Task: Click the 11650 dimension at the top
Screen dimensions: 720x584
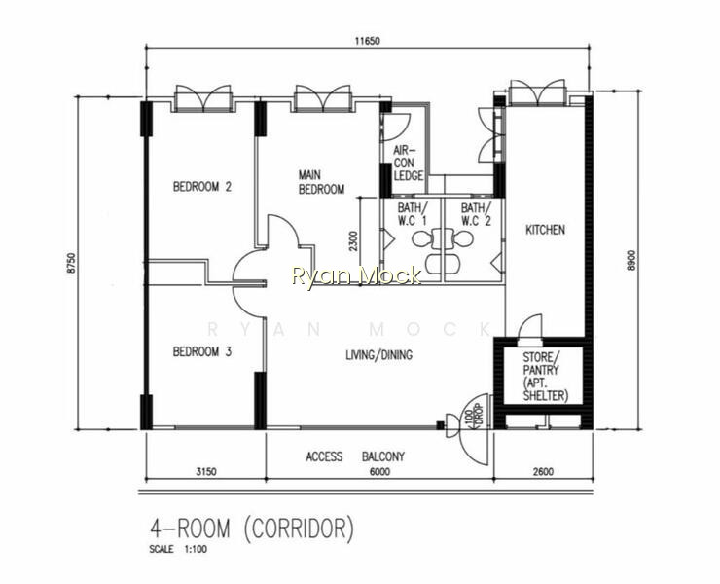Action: [368, 41]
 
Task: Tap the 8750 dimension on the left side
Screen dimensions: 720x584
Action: [70, 263]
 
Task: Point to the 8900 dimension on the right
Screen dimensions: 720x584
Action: [631, 260]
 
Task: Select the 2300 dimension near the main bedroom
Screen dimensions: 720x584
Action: [353, 241]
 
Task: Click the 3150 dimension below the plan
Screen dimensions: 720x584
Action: [205, 471]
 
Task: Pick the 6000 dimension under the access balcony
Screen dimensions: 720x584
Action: [379, 471]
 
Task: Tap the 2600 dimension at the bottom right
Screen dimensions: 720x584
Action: [543, 471]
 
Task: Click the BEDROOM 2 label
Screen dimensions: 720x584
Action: [202, 187]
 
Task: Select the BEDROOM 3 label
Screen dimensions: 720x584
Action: [202, 352]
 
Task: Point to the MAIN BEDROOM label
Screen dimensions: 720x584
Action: [321, 182]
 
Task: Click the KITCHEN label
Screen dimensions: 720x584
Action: [546, 230]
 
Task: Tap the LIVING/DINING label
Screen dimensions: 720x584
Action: [378, 354]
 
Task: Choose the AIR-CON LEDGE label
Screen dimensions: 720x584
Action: [409, 164]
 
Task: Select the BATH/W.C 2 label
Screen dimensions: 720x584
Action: [476, 214]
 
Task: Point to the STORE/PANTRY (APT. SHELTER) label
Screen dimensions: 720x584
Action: [545, 377]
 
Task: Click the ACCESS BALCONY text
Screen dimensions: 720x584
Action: [355, 456]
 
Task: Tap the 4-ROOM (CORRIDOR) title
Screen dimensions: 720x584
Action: [252, 529]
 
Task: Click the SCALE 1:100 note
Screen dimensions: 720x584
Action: [178, 549]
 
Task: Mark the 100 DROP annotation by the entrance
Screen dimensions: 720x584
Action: [473, 416]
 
